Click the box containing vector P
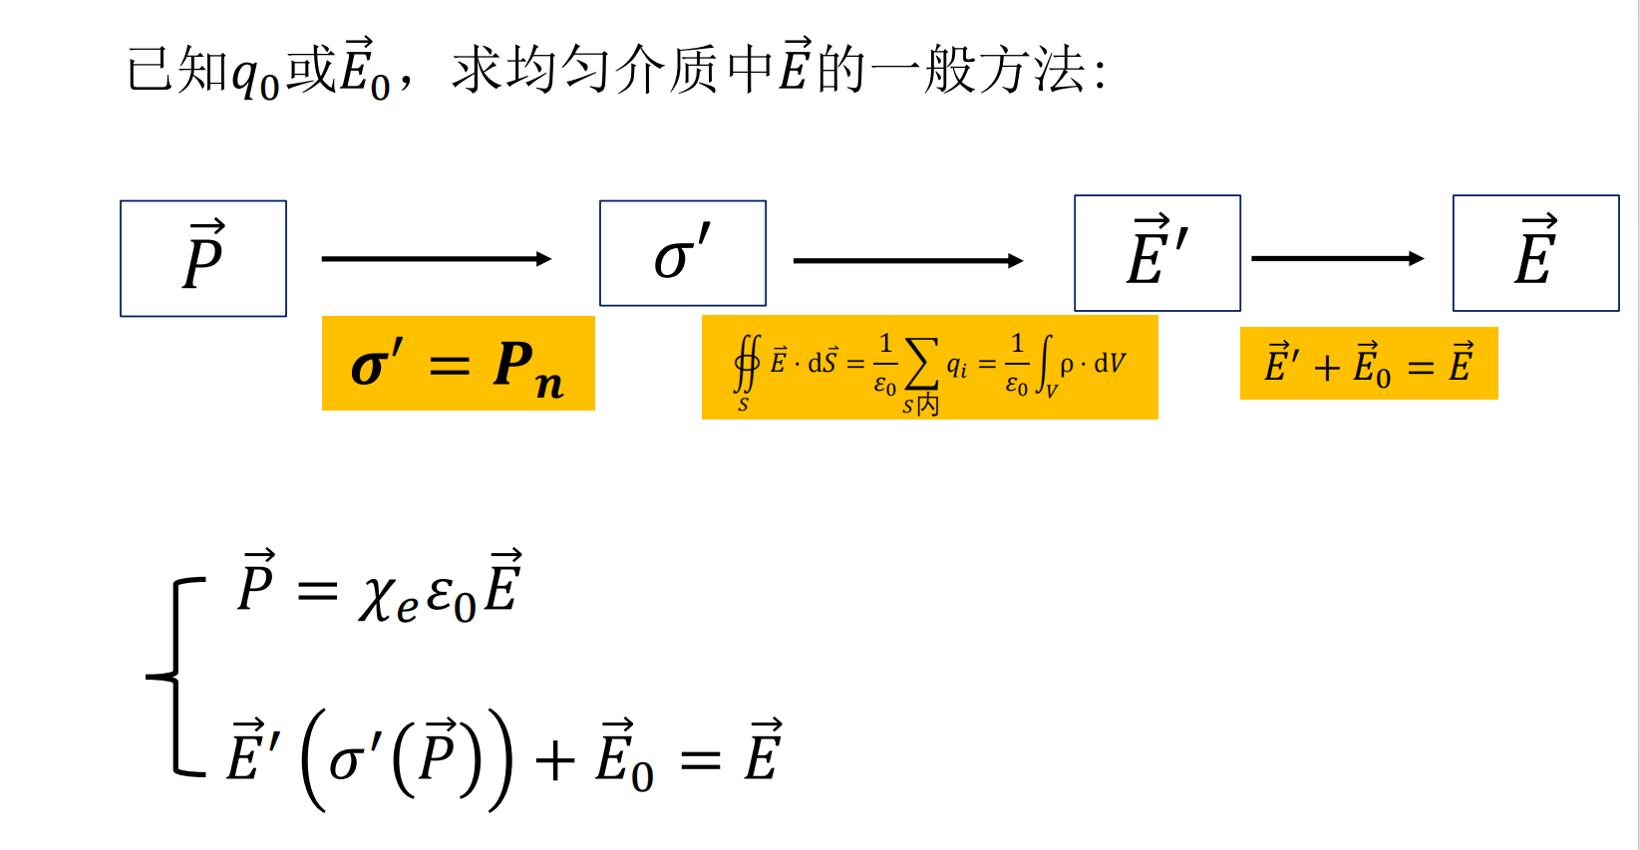(203, 258)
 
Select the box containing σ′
(683, 253)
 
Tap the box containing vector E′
(1156, 253)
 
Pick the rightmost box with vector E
(1535, 253)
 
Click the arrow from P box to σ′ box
(436, 259)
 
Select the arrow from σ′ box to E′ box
(907, 261)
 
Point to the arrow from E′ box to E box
(1337, 259)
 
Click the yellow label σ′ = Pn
(458, 364)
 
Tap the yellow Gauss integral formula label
(929, 368)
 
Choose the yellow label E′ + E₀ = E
(1368, 364)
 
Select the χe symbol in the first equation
(387, 597)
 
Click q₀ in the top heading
(255, 76)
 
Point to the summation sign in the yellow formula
(920, 364)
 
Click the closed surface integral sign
(747, 365)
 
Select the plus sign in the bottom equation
(555, 761)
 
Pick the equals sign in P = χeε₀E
(317, 592)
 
